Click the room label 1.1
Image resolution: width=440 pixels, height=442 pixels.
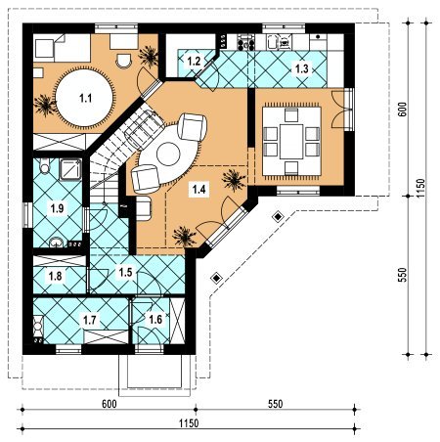point(86,98)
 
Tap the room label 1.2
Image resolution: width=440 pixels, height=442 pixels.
point(194,61)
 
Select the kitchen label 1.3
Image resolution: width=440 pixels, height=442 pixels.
point(301,68)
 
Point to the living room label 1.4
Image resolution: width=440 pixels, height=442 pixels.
point(198,189)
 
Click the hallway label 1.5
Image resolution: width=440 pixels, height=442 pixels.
point(125,272)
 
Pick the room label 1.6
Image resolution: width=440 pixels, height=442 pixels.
point(155,319)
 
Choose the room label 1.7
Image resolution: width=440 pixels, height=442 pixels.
point(90,320)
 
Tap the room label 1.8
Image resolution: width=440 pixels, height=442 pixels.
point(55,276)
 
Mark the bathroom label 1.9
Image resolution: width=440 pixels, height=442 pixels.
point(57,208)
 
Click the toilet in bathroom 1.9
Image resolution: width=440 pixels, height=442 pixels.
point(44,165)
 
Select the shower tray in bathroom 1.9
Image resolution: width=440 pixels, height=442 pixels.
point(70,169)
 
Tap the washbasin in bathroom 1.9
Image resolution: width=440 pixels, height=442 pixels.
point(57,242)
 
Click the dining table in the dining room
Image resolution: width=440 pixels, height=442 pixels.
point(291,141)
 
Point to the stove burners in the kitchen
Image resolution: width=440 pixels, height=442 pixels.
point(245,42)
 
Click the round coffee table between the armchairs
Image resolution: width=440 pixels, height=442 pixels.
point(168,155)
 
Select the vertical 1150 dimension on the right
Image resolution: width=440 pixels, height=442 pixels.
point(421,188)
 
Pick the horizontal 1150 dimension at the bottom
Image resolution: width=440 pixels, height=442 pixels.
point(189,423)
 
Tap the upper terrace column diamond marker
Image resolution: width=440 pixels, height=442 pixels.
point(278,217)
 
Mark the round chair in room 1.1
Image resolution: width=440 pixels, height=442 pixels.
point(124,61)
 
